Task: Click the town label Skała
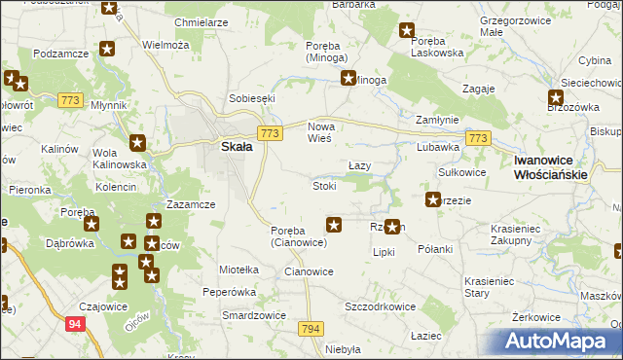pyautogui.click(x=236, y=147)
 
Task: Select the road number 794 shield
pyautogui.click(x=311, y=330)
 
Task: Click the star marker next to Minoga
pyautogui.click(x=348, y=80)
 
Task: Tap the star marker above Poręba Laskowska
pyautogui.click(x=408, y=31)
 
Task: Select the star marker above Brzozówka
pyautogui.click(x=555, y=97)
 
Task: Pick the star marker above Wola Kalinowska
pyautogui.click(x=138, y=143)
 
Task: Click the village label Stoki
pyautogui.click(x=324, y=186)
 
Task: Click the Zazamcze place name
pyautogui.click(x=191, y=205)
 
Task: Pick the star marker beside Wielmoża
pyautogui.click(x=108, y=48)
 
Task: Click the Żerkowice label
pyautogui.click(x=536, y=317)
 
